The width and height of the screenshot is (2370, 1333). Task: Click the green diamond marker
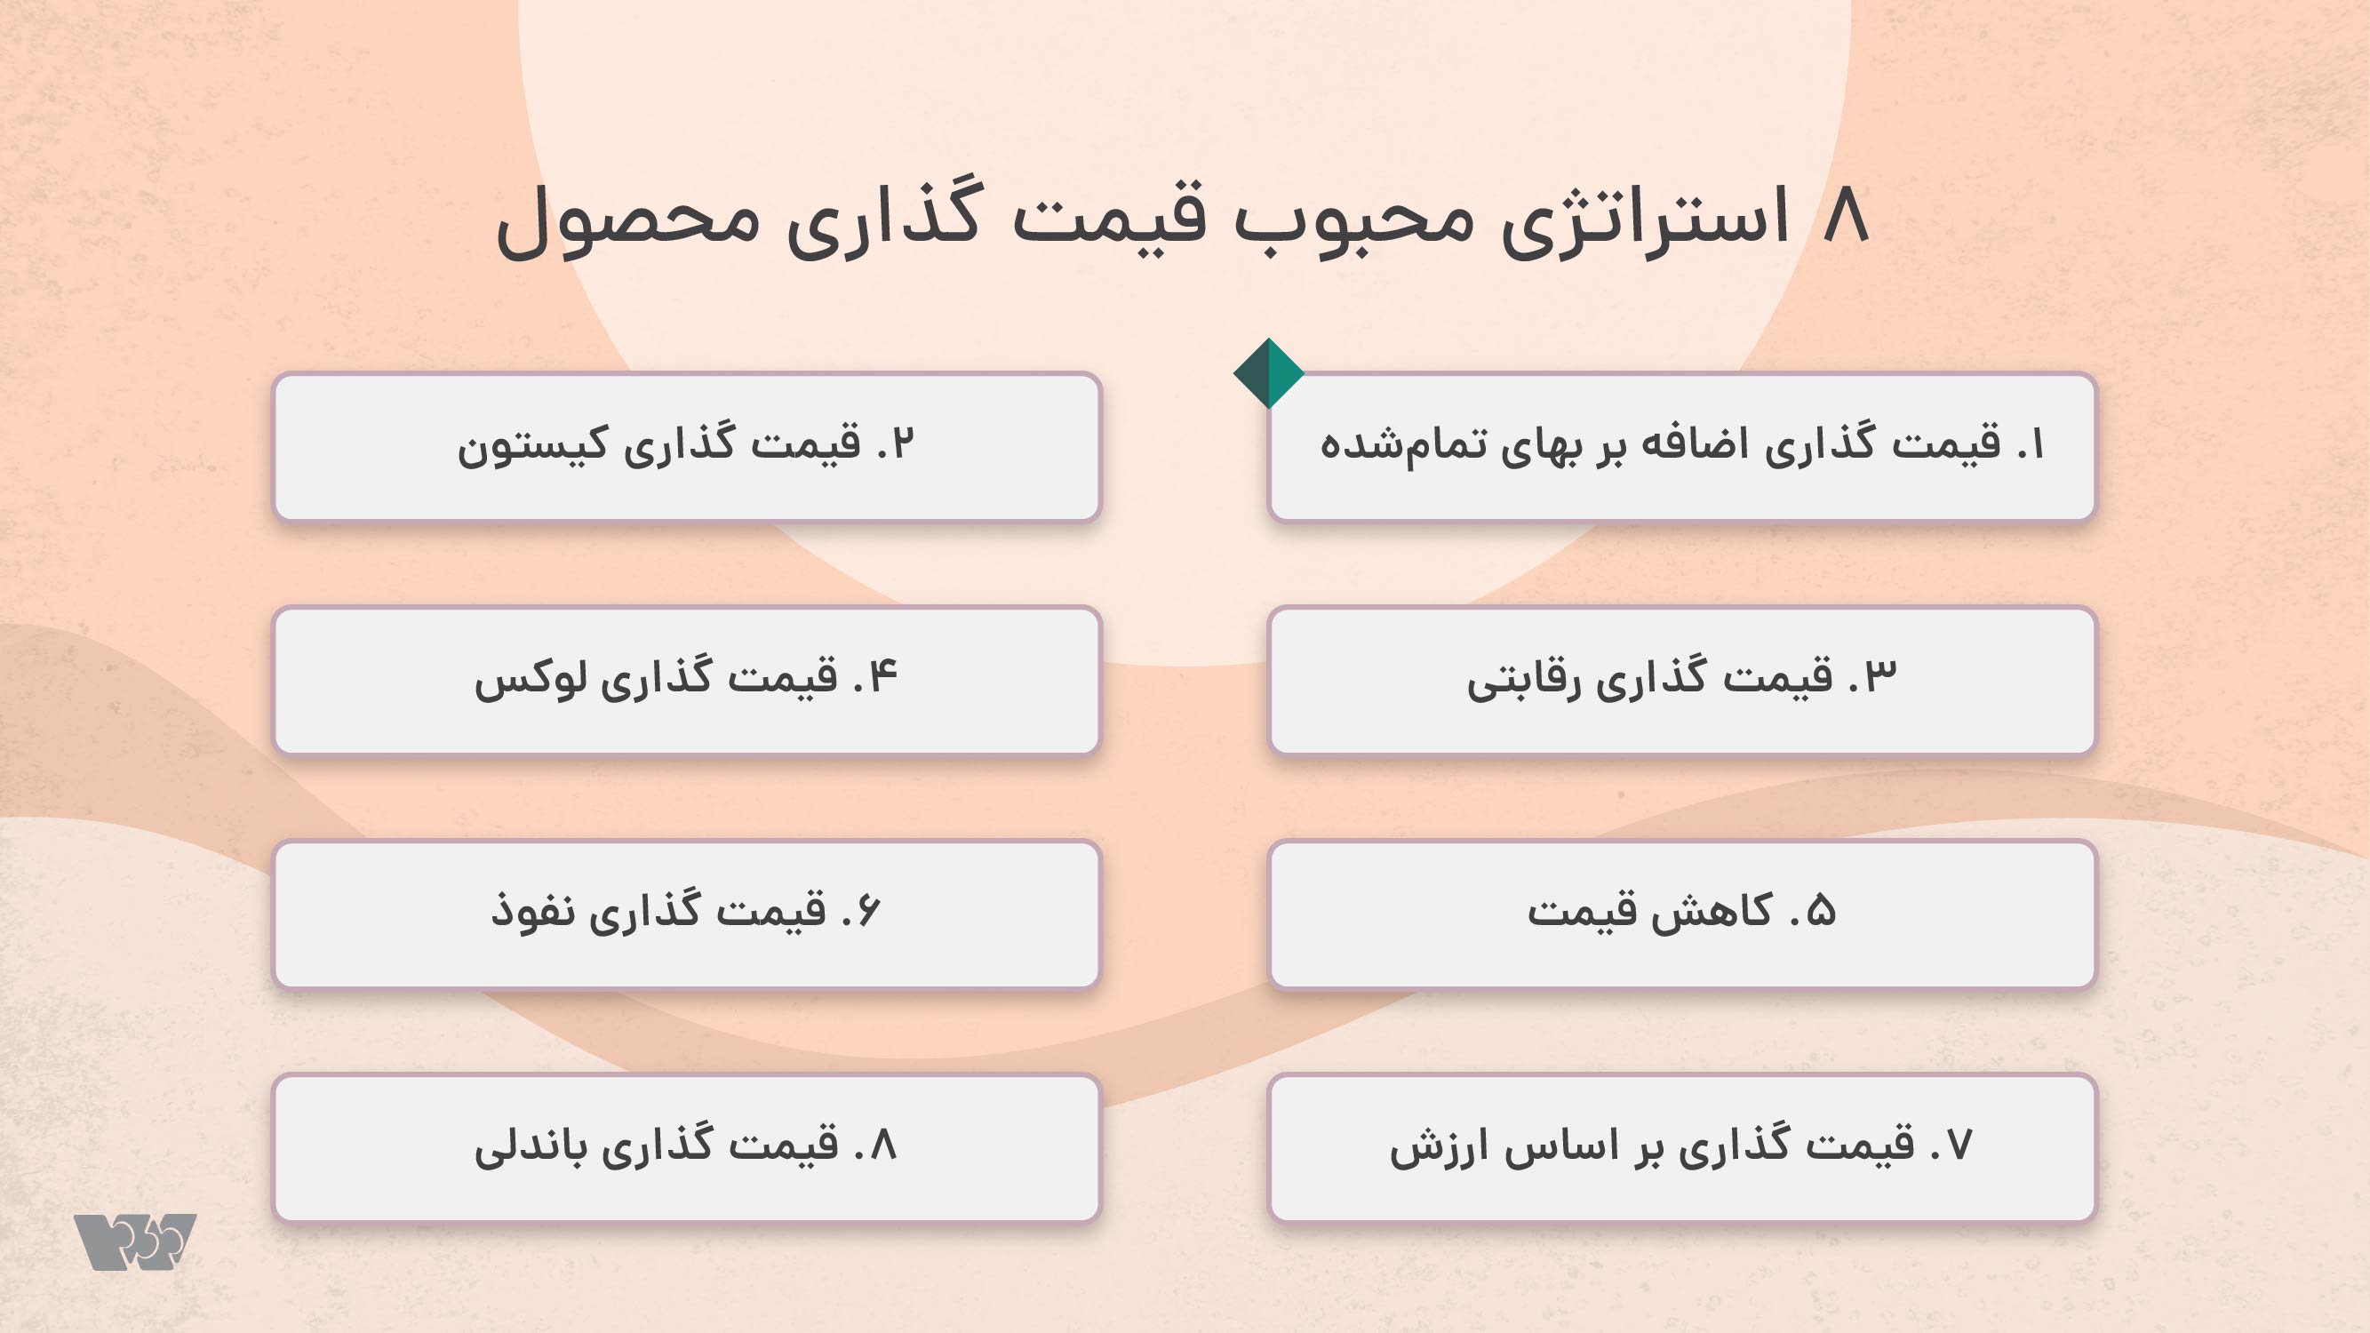point(1269,373)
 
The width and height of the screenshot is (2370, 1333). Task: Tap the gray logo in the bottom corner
point(135,1242)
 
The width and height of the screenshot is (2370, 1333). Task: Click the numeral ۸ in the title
point(1847,215)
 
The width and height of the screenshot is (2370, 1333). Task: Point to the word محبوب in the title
point(1353,220)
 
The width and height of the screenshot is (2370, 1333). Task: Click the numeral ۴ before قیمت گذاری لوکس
point(882,676)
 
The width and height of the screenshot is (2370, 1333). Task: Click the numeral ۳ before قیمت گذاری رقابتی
point(1880,676)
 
